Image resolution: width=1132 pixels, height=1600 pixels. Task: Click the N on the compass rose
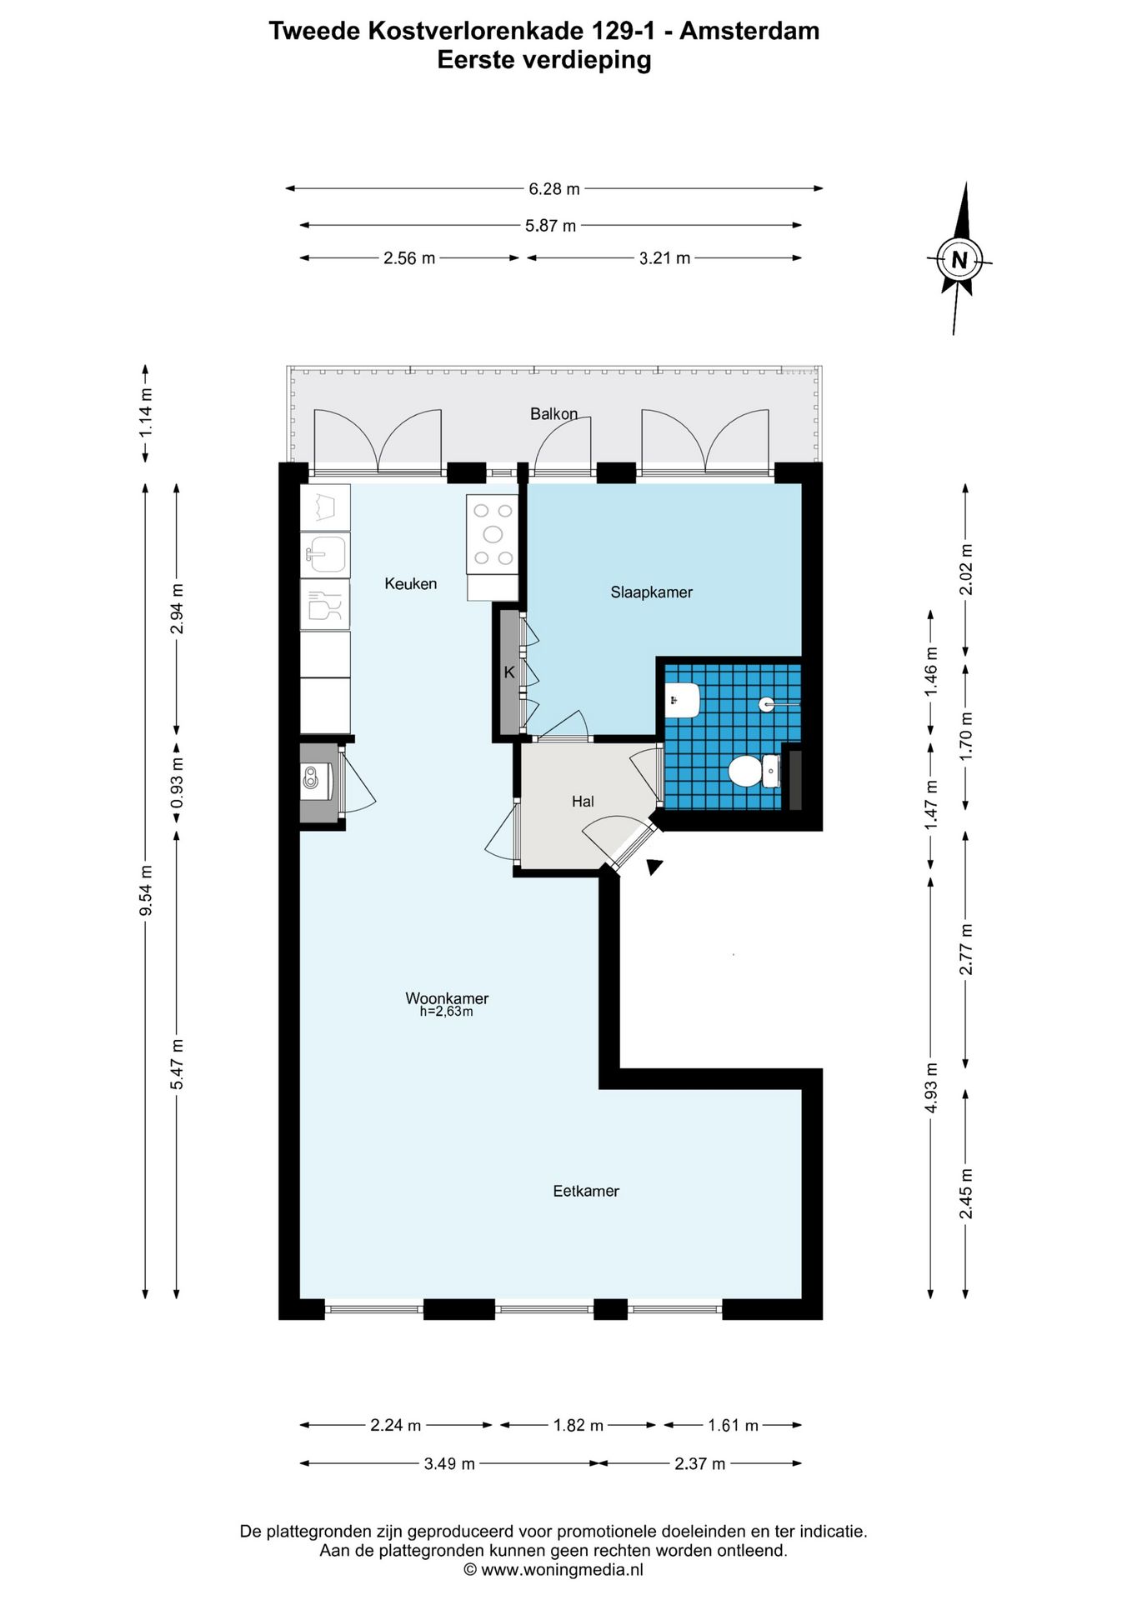click(x=959, y=260)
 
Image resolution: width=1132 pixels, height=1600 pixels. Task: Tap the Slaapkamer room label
click(x=651, y=592)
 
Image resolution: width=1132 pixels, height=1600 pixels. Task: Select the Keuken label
click(x=410, y=584)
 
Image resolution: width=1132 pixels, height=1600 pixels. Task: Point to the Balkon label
click(x=553, y=414)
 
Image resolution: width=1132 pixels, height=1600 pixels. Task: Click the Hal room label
click(x=583, y=802)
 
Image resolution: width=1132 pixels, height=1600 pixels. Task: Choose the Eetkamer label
click(x=586, y=1192)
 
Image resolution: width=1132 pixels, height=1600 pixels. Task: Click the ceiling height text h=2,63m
click(x=446, y=1012)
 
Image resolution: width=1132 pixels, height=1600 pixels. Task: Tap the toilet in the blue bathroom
click(x=754, y=771)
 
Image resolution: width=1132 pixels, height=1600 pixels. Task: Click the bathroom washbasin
click(x=683, y=700)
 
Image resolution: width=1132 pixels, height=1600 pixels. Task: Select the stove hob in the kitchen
click(x=493, y=534)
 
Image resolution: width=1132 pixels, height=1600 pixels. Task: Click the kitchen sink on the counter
click(x=325, y=553)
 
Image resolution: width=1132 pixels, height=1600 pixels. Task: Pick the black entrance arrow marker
click(x=654, y=867)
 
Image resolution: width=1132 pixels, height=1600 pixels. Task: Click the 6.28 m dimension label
click(x=553, y=189)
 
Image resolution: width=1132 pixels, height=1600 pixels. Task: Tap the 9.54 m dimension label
click(x=146, y=890)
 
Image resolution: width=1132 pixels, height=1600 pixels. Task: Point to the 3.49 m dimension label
click(x=449, y=1464)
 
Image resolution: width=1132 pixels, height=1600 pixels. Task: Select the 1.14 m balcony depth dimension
click(x=146, y=412)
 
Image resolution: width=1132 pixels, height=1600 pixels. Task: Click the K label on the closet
click(x=509, y=672)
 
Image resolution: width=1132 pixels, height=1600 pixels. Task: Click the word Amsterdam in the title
click(x=749, y=31)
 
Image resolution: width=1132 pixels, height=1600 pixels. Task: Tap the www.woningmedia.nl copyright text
click(x=553, y=1570)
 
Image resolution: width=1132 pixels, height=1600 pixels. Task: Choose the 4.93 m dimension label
click(x=931, y=1087)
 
